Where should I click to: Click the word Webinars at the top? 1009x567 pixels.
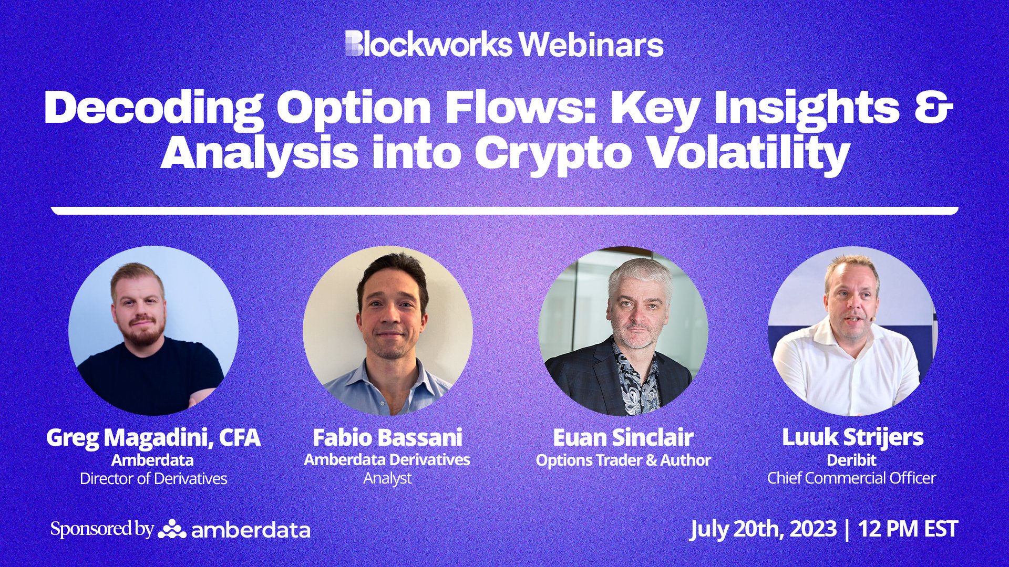[591, 45]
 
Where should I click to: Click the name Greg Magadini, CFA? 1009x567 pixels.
[153, 437]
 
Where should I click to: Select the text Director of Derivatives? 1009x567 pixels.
[153, 478]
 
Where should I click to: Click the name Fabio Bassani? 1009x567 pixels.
[387, 437]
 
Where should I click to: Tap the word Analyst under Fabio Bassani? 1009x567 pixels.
[387, 478]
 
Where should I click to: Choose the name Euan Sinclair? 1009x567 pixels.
[623, 437]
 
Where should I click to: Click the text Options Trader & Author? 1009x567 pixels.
[623, 460]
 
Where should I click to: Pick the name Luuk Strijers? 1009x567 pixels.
[852, 437]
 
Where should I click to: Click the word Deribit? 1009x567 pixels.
[851, 460]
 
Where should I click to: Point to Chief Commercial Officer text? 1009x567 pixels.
[851, 478]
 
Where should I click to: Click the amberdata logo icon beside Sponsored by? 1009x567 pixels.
[172, 529]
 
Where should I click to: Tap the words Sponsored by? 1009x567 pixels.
[102, 529]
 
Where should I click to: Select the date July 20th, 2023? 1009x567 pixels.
[763, 529]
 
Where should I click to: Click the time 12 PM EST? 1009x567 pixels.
[908, 529]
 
